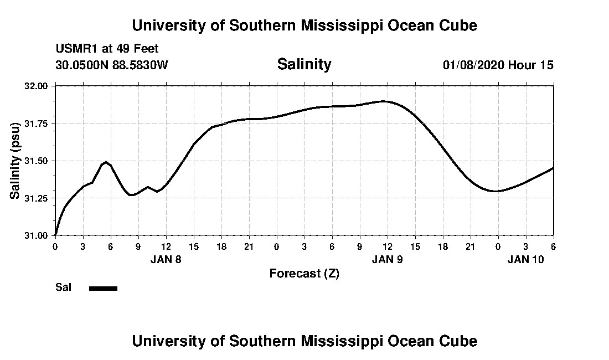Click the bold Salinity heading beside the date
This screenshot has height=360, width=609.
(x=304, y=64)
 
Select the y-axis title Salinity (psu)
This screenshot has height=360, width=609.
(x=16, y=161)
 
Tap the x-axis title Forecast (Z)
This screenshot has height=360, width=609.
(x=304, y=273)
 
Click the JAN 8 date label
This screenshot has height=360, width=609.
(x=166, y=259)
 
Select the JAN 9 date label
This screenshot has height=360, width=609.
(x=388, y=259)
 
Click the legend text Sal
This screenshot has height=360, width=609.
(x=63, y=287)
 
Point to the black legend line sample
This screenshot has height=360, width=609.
(x=103, y=288)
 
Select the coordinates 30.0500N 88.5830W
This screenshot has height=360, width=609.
(x=111, y=65)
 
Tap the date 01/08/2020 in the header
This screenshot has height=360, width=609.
(x=473, y=65)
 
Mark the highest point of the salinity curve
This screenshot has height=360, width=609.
(x=384, y=101)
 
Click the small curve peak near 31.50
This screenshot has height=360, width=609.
(x=106, y=162)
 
